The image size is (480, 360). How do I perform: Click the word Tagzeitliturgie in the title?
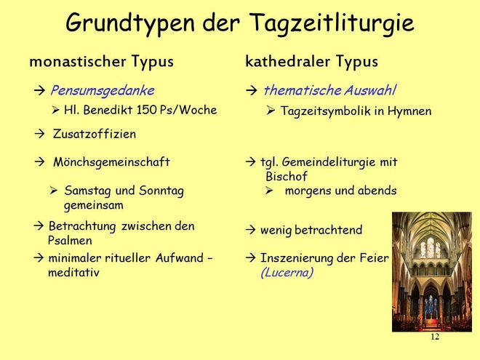[332, 23]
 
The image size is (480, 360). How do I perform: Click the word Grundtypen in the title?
[130, 23]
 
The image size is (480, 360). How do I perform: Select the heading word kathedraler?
[288, 61]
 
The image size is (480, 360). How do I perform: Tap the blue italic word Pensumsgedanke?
[103, 91]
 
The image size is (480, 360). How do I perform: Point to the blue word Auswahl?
[369, 90]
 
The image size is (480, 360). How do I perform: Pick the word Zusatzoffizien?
[95, 134]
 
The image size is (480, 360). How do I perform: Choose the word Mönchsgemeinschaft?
[111, 162]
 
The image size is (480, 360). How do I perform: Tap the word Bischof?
[287, 176]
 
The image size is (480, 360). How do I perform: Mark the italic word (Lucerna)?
[287, 273]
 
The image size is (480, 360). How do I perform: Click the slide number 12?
[435, 337]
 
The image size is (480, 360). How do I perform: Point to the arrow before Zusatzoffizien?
[39, 134]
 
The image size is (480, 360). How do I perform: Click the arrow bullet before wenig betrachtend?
[250, 230]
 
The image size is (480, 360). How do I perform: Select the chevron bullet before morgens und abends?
[269, 191]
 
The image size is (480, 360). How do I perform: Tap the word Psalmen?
[70, 240]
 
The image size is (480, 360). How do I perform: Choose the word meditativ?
[73, 273]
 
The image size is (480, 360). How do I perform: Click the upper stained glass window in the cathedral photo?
[431, 247]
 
